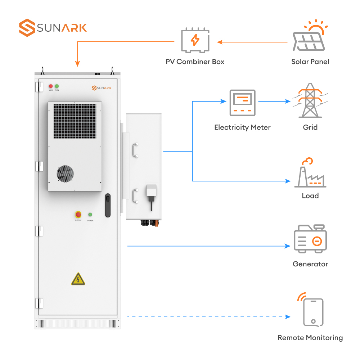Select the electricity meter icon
[242, 103]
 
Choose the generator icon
[310, 239]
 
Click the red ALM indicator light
[51, 86]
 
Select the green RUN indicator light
[57, 86]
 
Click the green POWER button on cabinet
[90, 215]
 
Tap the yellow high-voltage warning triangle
[78, 279]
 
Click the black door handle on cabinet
[108, 206]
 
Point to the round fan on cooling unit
[65, 174]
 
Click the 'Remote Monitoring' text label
[310, 338]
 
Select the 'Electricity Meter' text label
[242, 127]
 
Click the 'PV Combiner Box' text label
[195, 62]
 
